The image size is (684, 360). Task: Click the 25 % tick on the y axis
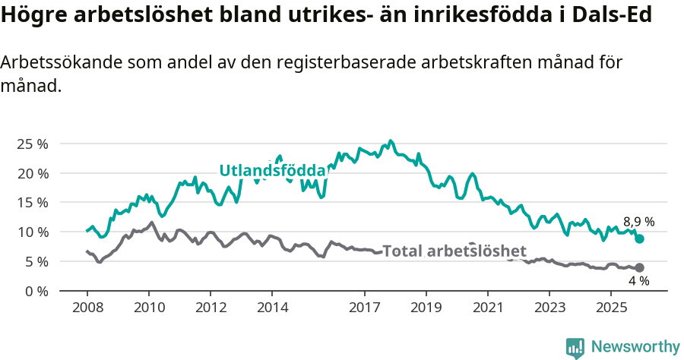(32, 144)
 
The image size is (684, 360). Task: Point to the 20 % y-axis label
(32, 173)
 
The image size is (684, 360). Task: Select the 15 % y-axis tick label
(32, 202)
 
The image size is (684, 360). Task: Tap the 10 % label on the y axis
(32, 232)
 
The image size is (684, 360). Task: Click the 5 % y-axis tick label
(36, 261)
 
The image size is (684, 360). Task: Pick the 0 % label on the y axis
(36, 291)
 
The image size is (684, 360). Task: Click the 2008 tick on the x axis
(87, 308)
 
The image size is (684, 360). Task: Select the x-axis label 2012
(211, 308)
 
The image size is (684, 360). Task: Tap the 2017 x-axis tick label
(365, 308)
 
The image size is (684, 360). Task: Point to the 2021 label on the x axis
(488, 308)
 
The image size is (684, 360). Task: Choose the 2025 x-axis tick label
(612, 308)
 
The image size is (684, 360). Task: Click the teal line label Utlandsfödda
(272, 171)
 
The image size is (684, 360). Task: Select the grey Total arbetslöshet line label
(454, 251)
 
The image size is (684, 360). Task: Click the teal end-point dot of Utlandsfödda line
(640, 238)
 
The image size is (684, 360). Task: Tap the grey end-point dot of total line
(640, 267)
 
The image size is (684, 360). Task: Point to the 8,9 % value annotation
(638, 222)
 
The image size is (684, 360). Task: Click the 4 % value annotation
(638, 281)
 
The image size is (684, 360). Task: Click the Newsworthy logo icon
(575, 347)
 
